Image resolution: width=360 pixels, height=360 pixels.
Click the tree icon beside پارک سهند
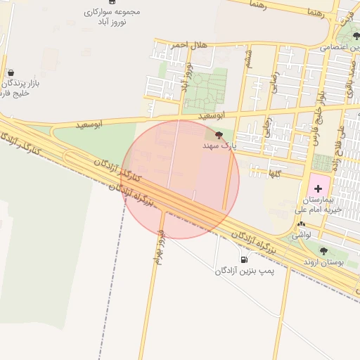click(219, 135)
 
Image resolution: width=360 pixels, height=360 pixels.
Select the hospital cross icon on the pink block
click(317, 188)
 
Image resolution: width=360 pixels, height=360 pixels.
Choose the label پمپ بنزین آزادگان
click(243, 270)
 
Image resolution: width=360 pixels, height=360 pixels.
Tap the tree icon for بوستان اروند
click(323, 251)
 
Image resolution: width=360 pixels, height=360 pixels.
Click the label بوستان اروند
click(321, 262)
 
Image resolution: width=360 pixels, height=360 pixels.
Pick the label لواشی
click(301, 234)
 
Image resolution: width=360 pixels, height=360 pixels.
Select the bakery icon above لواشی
click(301, 224)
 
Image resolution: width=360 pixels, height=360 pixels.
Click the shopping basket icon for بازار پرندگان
click(10, 72)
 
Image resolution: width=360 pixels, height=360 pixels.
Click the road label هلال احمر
click(190, 45)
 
